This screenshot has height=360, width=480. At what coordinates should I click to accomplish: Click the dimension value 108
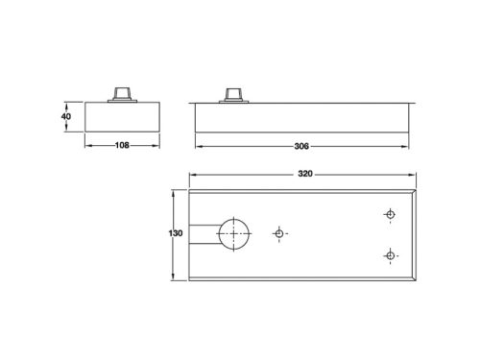[121, 147]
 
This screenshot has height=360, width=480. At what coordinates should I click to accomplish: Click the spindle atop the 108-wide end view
[121, 92]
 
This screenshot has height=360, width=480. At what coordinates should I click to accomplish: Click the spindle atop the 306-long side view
[234, 92]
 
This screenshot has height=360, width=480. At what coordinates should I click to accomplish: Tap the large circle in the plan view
[233, 233]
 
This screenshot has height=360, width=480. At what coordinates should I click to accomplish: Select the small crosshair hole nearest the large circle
[279, 233]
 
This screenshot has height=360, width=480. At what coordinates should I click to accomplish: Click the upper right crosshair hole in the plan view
[390, 214]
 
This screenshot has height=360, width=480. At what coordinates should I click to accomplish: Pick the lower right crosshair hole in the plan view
[390, 254]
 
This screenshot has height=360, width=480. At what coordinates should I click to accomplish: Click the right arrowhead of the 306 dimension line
[412, 147]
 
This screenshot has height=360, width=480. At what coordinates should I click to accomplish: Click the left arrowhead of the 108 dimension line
[89, 147]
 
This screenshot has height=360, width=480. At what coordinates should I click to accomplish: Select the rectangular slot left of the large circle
[204, 234]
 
